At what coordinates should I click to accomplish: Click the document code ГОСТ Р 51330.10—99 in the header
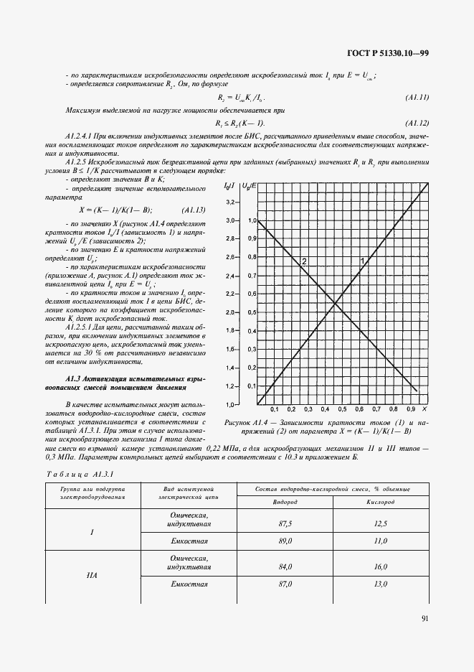[388, 52]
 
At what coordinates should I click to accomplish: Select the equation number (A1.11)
[417, 97]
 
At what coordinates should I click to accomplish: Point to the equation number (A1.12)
[417, 123]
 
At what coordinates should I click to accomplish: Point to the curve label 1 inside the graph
[361, 260]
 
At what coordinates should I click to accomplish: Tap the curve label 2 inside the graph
[304, 261]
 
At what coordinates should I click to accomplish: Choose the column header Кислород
[381, 502]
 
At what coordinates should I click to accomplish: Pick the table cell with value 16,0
[381, 566]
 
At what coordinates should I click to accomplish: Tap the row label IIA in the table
[93, 575]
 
